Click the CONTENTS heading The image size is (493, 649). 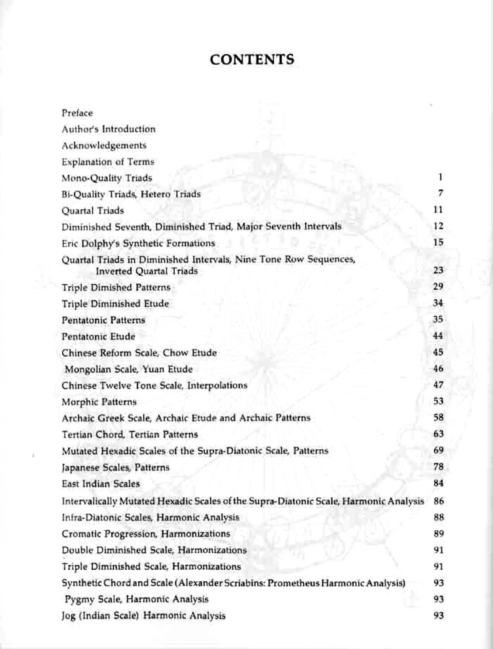tap(252, 60)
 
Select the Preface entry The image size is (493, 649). tap(77, 113)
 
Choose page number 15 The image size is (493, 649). tap(438, 243)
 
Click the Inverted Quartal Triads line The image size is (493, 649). tap(147, 271)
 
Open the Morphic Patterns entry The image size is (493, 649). tap(99, 402)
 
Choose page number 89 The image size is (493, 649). tap(438, 533)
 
